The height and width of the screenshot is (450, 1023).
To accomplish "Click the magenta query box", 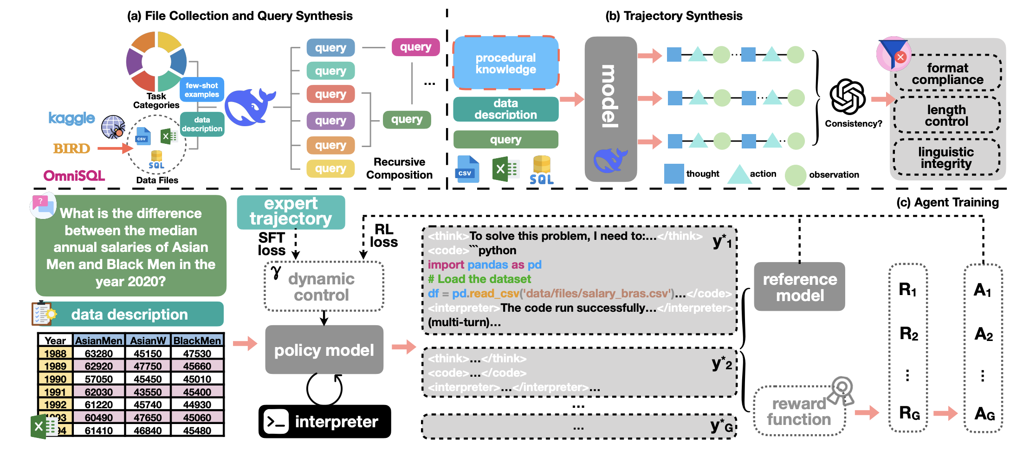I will click(415, 47).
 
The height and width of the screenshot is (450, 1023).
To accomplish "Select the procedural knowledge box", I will click(505, 63).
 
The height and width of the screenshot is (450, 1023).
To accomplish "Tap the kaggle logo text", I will click(71, 118).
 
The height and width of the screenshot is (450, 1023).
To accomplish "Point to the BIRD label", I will click(71, 148).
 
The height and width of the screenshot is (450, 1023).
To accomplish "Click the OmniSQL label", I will click(74, 176).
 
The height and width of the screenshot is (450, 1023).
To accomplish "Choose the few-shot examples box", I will click(201, 90).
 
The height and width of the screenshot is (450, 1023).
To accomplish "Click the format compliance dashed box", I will click(947, 74).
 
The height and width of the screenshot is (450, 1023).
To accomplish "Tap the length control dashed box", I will click(946, 116).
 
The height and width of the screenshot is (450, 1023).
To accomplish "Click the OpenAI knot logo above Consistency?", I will click(848, 96).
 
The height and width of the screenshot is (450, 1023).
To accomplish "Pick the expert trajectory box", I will click(291, 212).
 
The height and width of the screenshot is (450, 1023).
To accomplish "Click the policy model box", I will click(324, 350).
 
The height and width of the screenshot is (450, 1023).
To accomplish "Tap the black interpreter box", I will click(324, 421).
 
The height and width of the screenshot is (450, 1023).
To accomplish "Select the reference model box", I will click(799, 287).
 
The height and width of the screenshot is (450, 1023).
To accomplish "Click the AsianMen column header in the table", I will click(98, 341).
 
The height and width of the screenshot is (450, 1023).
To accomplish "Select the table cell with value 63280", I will click(98, 354).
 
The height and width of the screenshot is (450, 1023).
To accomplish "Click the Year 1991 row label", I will click(55, 392).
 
